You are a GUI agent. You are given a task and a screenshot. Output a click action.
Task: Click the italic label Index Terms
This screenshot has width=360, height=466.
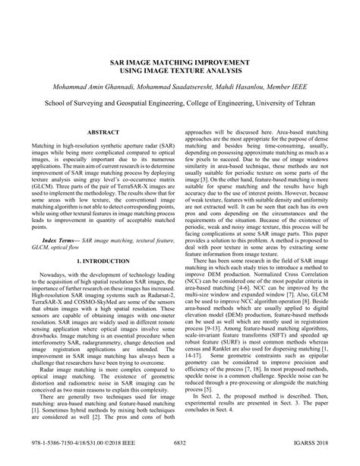click(60, 239)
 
